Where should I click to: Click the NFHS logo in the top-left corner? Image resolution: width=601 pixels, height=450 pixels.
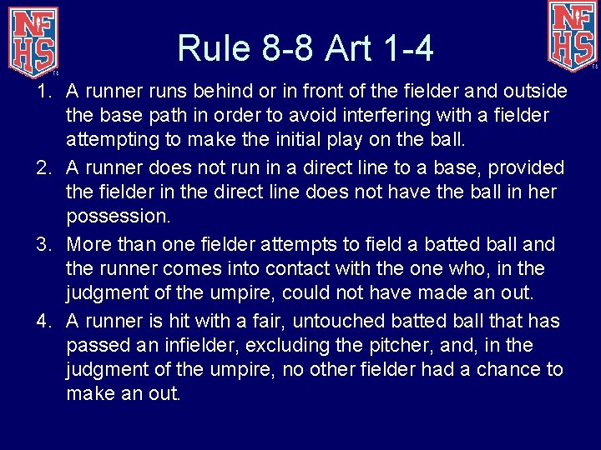(x=34, y=38)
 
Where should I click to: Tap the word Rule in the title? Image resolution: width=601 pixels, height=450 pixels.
(x=212, y=49)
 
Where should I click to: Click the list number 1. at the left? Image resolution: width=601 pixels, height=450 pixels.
(x=45, y=90)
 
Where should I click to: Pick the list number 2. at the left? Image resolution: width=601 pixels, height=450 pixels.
(x=45, y=167)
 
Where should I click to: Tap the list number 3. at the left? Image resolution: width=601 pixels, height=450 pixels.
(x=45, y=244)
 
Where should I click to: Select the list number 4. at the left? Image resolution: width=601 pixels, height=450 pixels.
(x=45, y=321)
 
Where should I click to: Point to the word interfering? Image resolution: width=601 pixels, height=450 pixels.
(x=376, y=114)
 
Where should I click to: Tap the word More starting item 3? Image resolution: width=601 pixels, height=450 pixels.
(x=89, y=244)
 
